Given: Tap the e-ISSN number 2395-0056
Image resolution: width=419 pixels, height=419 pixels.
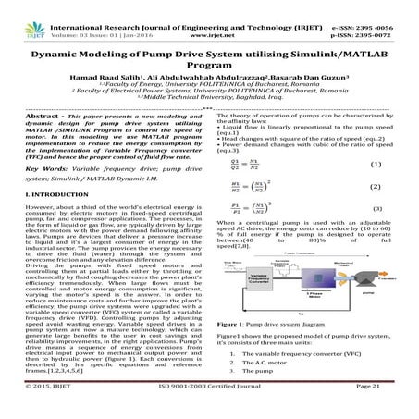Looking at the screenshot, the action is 382,7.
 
